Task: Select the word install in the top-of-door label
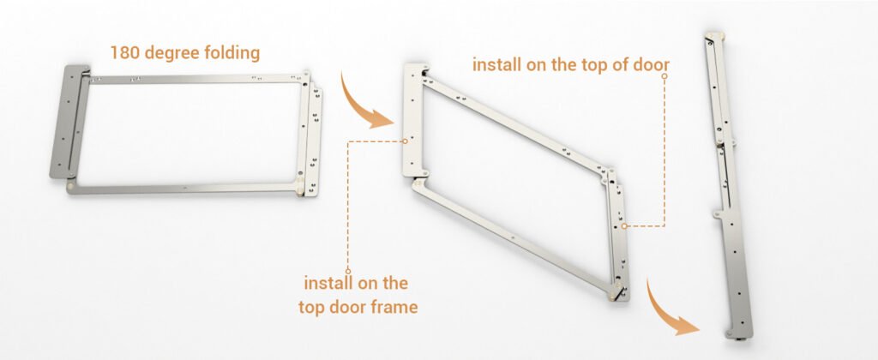pyautogui.click(x=493, y=64)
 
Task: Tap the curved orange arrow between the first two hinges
pyautogui.click(x=364, y=104)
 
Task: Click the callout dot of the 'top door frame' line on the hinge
pyautogui.click(x=405, y=141)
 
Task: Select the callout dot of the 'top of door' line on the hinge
pyautogui.click(x=624, y=226)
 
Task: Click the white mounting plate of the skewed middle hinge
pyautogui.click(x=413, y=120)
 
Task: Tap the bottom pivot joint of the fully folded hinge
pyautogui.click(x=737, y=335)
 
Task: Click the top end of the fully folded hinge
pyautogui.click(x=713, y=36)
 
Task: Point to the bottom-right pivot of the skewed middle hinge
pyautogui.click(x=616, y=292)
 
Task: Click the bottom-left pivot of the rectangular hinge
pyautogui.click(x=70, y=186)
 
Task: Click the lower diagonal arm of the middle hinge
pyautogui.click(x=514, y=238)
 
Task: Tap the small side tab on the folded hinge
pyautogui.click(x=718, y=213)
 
